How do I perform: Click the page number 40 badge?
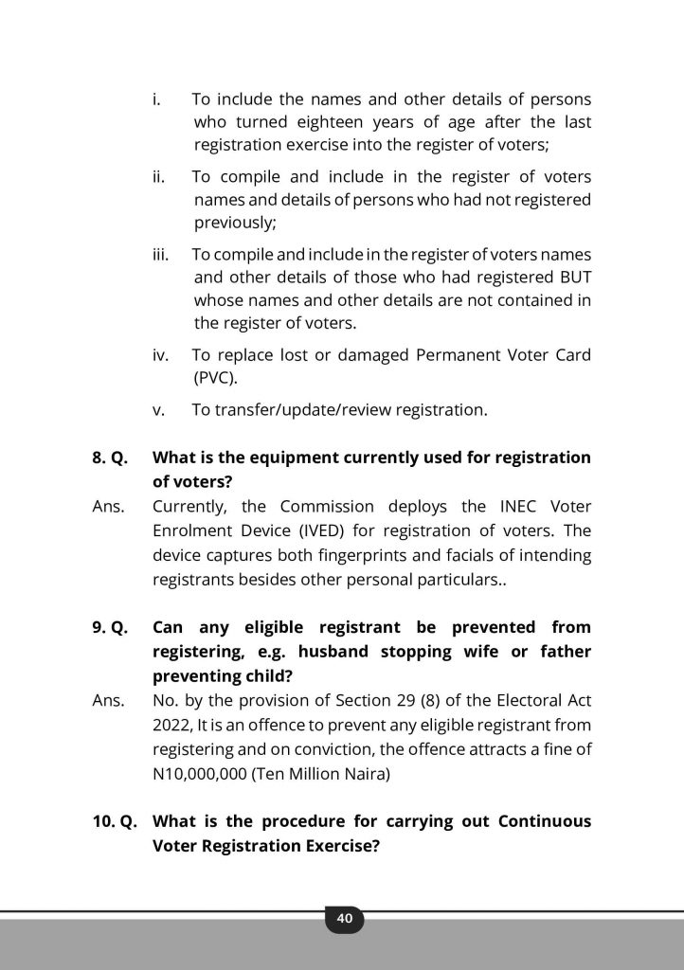[x=344, y=918]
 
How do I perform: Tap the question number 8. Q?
[x=110, y=458]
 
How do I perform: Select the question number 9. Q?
[x=110, y=627]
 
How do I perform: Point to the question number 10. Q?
[x=114, y=820]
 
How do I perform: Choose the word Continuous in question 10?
[x=545, y=820]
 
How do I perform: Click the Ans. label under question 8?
[x=108, y=506]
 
